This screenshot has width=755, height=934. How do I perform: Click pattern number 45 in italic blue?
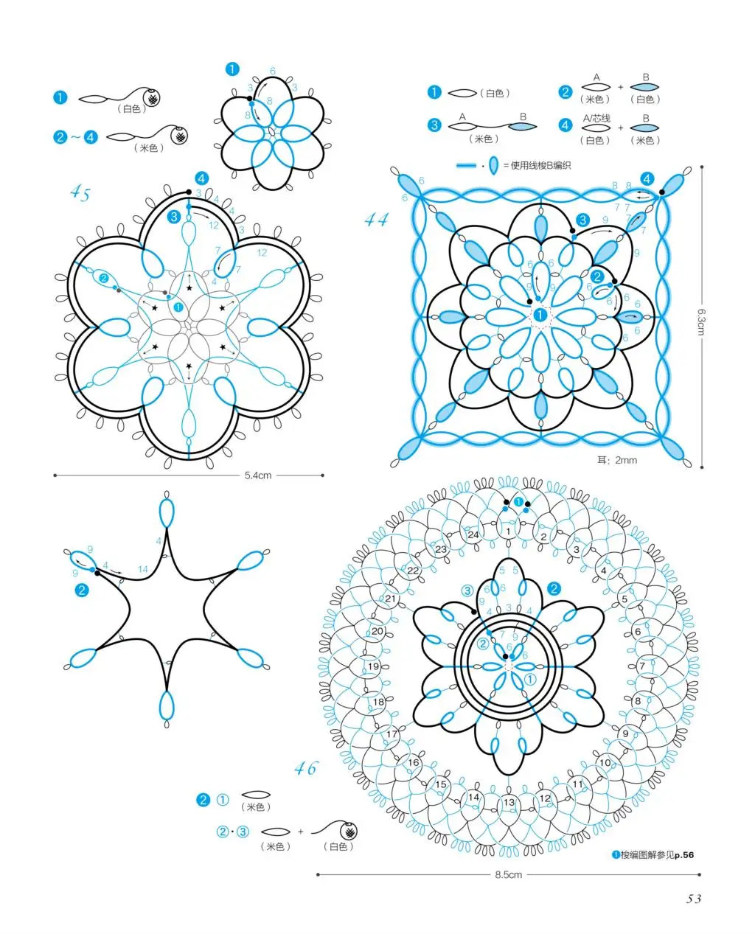tap(80, 194)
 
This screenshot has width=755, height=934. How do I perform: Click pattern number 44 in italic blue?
tap(376, 219)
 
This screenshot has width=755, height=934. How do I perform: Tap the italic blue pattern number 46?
tap(305, 768)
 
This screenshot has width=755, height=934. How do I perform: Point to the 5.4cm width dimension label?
tap(258, 475)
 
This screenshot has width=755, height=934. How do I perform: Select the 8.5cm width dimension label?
tap(508, 875)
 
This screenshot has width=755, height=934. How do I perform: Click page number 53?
tap(693, 899)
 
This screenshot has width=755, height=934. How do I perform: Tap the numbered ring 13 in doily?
tap(509, 803)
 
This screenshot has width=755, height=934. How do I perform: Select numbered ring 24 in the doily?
tap(473, 534)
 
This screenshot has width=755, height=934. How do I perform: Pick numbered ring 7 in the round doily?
tap(642, 666)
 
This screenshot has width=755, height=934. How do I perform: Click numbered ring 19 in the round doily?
tap(373, 666)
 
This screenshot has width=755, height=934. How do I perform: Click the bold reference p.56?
tap(683, 855)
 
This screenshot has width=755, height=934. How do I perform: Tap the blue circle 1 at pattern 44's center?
tap(540, 315)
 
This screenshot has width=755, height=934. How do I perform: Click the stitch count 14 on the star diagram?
tap(143, 569)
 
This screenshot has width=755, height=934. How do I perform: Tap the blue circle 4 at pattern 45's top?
tap(201, 178)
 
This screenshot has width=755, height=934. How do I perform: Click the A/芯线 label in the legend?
tap(596, 118)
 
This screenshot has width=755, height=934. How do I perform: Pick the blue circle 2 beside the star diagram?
tap(81, 590)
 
